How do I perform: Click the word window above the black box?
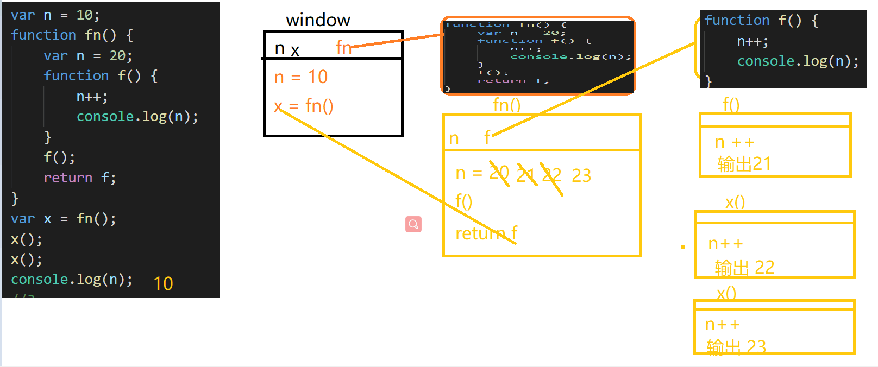coord(318,20)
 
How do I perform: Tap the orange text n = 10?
coord(301,77)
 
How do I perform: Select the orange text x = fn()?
coord(303,105)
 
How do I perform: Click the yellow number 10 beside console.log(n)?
coord(163,283)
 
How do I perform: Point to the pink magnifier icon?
coord(413,224)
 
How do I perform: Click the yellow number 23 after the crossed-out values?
coord(581,175)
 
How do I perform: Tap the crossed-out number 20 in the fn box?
coord(499,173)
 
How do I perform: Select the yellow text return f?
coord(486,233)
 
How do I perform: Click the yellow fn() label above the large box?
coord(506,105)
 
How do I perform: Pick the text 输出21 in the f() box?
coord(744,163)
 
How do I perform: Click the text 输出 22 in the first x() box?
coord(744,267)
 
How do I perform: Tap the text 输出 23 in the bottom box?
coord(736,346)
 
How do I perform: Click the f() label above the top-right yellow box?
coord(731,104)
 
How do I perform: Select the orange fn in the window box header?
coord(343,47)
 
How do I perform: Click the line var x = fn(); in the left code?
coord(64,219)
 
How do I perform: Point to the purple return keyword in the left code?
coord(68,178)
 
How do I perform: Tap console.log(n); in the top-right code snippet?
coord(798,61)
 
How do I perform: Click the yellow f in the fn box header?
coord(487,137)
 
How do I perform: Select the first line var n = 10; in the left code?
coord(55,15)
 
